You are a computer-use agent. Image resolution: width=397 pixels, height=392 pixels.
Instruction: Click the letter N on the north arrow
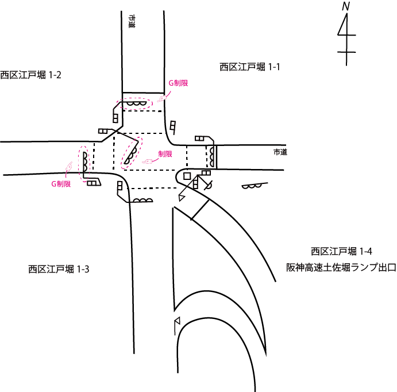point(346,6)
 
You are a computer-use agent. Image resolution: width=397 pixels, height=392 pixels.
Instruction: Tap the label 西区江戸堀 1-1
point(249,67)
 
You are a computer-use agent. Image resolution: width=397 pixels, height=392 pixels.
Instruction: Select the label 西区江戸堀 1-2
point(30,75)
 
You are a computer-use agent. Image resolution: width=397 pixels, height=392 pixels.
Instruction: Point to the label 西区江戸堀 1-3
point(59,268)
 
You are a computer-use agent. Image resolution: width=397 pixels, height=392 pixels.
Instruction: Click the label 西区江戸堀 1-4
point(342,251)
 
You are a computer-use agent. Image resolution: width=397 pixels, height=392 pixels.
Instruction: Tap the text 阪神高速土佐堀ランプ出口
point(341,268)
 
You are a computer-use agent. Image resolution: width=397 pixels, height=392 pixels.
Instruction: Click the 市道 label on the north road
point(133,22)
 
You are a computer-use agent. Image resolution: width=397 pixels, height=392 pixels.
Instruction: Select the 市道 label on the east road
point(280,152)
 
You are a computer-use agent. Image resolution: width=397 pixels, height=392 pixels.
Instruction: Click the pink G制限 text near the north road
point(178,83)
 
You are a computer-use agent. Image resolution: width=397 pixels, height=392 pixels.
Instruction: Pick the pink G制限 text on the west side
point(60,184)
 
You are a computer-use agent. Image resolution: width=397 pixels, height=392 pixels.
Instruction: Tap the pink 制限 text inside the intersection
point(165,153)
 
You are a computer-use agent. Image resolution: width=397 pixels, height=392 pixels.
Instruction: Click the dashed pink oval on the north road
point(134,104)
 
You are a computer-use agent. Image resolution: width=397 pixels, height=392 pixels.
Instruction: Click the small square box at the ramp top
point(187,175)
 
